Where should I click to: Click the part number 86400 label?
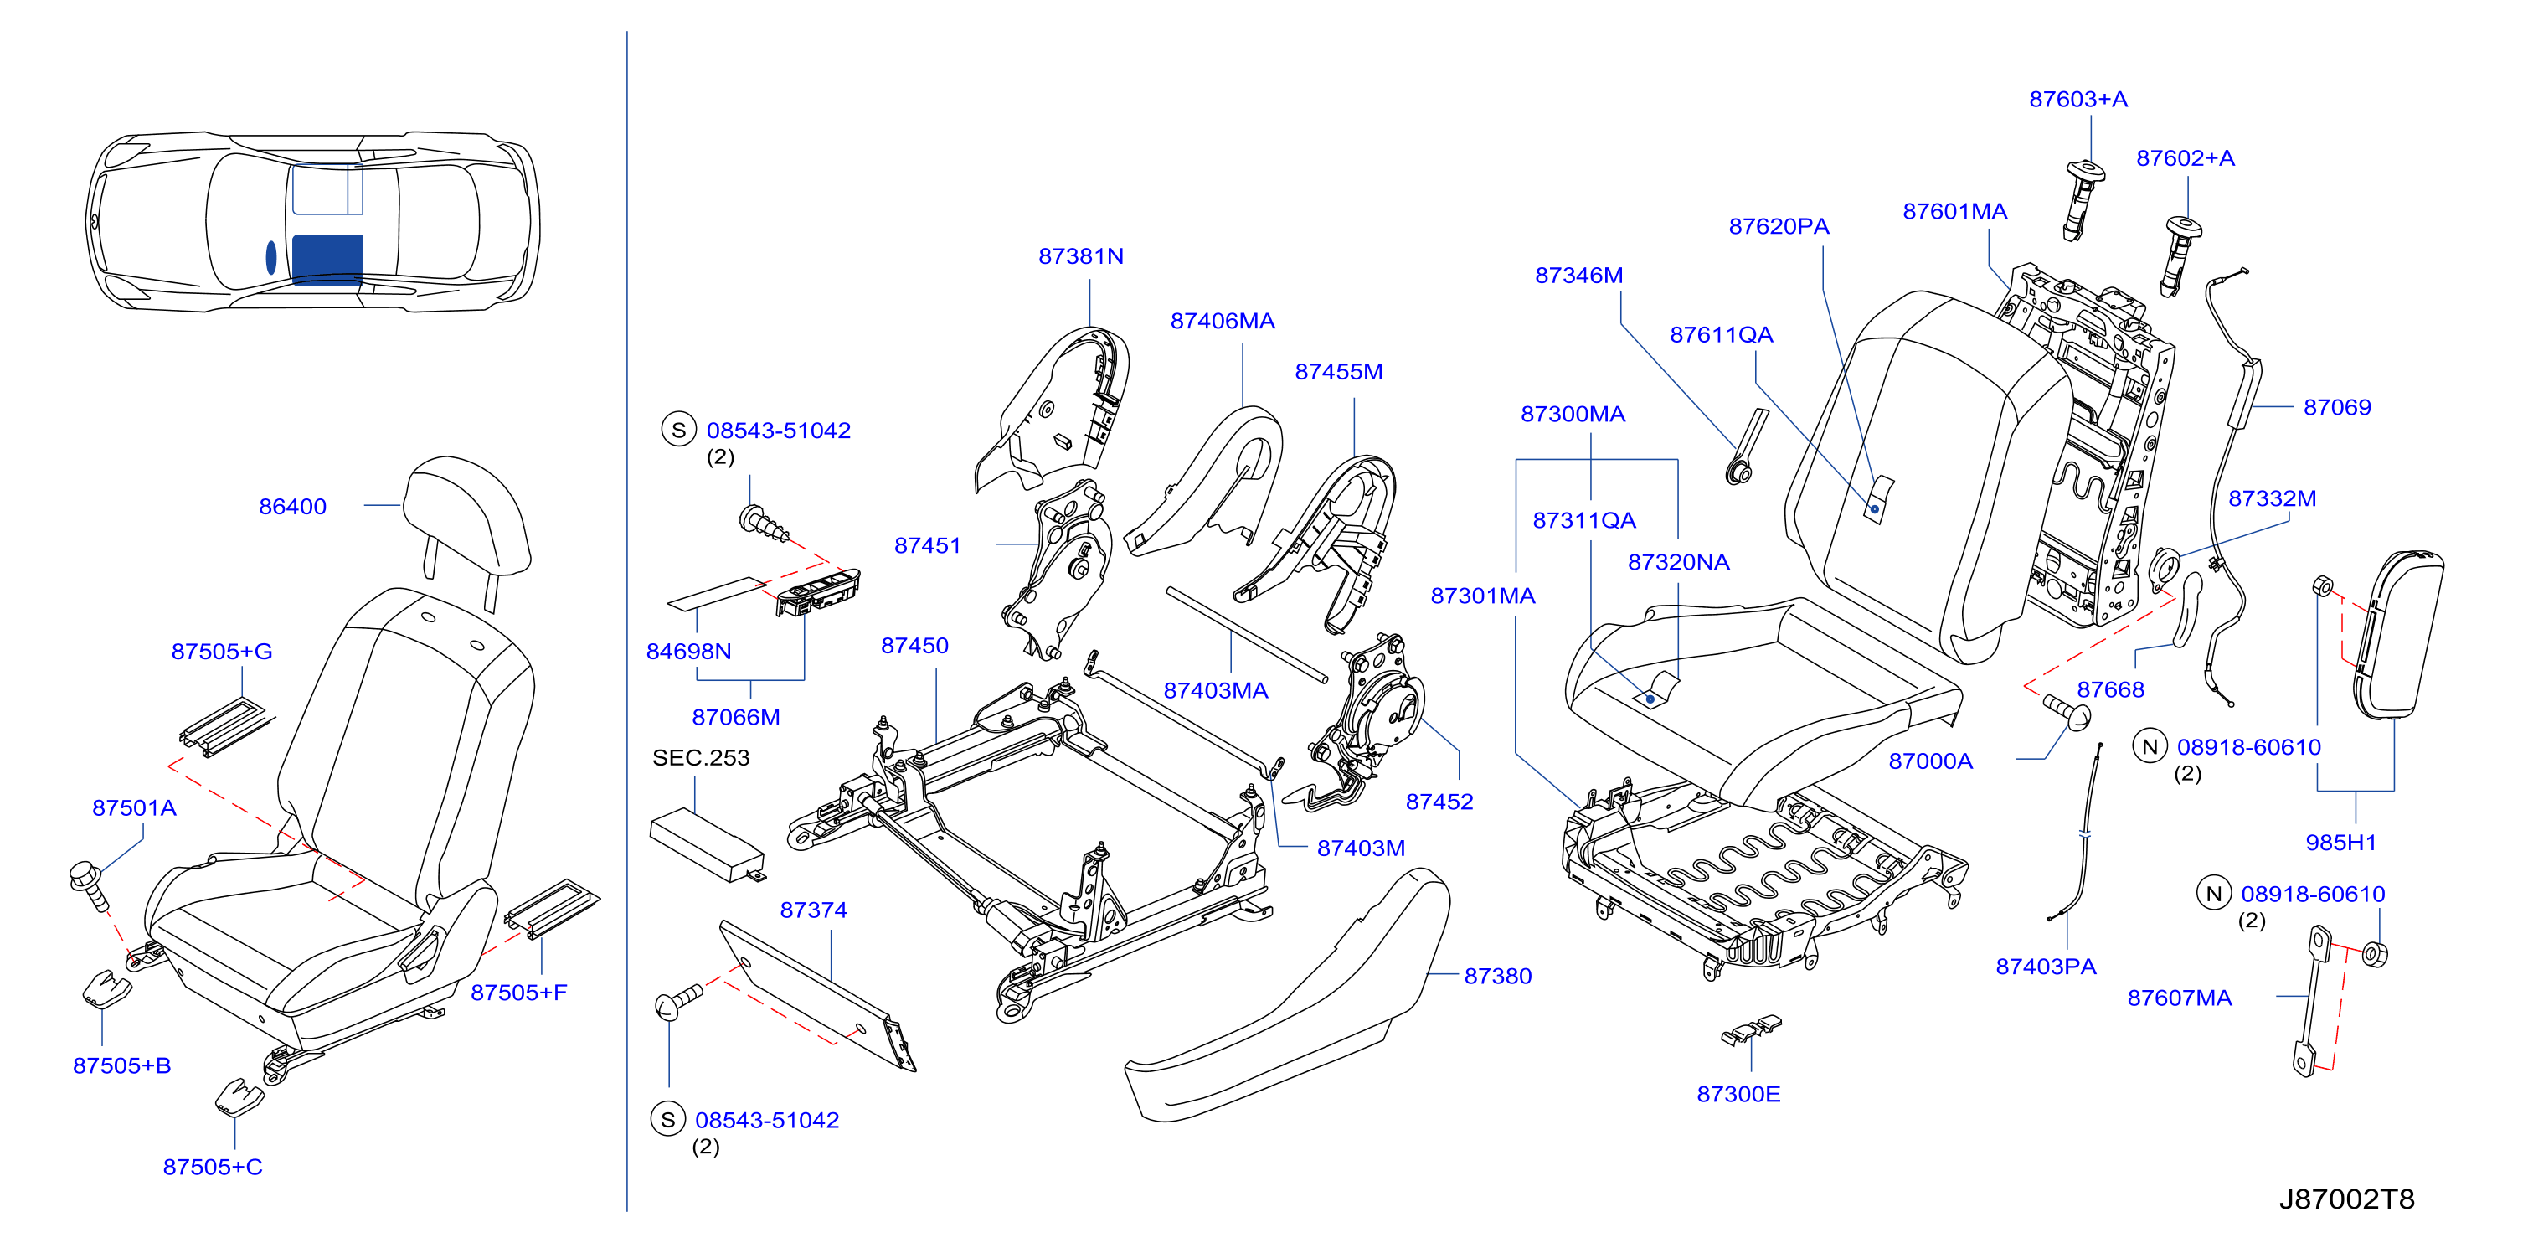[x=292, y=507]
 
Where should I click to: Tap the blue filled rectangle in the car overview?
[x=327, y=259]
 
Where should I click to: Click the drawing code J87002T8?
[x=2345, y=1199]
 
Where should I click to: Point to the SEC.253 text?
[x=701, y=758]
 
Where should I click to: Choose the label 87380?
[x=1497, y=976]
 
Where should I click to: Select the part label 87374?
[x=814, y=910]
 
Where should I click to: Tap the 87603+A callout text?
[x=2078, y=99]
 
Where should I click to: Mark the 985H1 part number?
[x=2340, y=843]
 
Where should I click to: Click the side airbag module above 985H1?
[x=2398, y=633]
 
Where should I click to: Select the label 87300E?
[x=1738, y=1094]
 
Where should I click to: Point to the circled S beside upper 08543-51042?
[x=678, y=430]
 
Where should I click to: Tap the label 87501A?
[x=135, y=808]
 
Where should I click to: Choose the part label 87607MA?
[x=2179, y=998]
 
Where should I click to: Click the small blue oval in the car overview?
[x=270, y=257]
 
